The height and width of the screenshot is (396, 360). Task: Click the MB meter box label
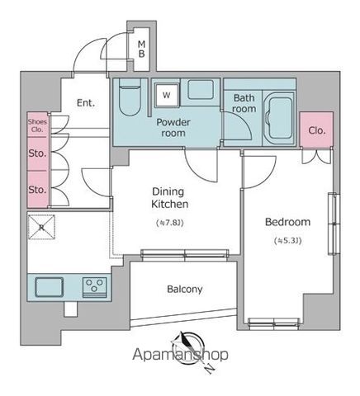pos(141,49)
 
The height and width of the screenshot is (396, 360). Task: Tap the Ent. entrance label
pos(86,103)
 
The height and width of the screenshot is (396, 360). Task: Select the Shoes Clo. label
pos(37,125)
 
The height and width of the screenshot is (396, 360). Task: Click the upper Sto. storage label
pos(37,153)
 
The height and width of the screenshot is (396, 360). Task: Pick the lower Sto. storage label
pos(37,190)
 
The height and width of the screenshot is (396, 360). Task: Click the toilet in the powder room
pos(130,97)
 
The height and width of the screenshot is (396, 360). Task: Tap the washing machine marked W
pos(167,95)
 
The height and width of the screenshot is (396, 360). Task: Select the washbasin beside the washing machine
pos(201,89)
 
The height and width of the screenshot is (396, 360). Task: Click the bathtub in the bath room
pos(280,118)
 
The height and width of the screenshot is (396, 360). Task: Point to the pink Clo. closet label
pos(317,130)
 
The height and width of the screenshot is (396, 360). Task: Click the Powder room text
pos(173,128)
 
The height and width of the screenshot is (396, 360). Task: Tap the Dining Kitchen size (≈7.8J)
pos(170,223)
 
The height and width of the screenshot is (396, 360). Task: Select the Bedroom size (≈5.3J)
pos(288,241)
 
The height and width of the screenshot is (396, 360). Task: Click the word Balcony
pos(185,290)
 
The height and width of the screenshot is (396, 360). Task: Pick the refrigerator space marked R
pos(42,227)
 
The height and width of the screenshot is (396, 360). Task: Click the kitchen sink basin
pos(50,287)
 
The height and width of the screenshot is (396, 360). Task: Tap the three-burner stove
pos(95,287)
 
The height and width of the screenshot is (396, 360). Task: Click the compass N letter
pos(210,369)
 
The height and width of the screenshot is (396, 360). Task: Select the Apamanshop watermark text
pos(180,355)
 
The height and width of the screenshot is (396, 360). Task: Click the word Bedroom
pos(287,222)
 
